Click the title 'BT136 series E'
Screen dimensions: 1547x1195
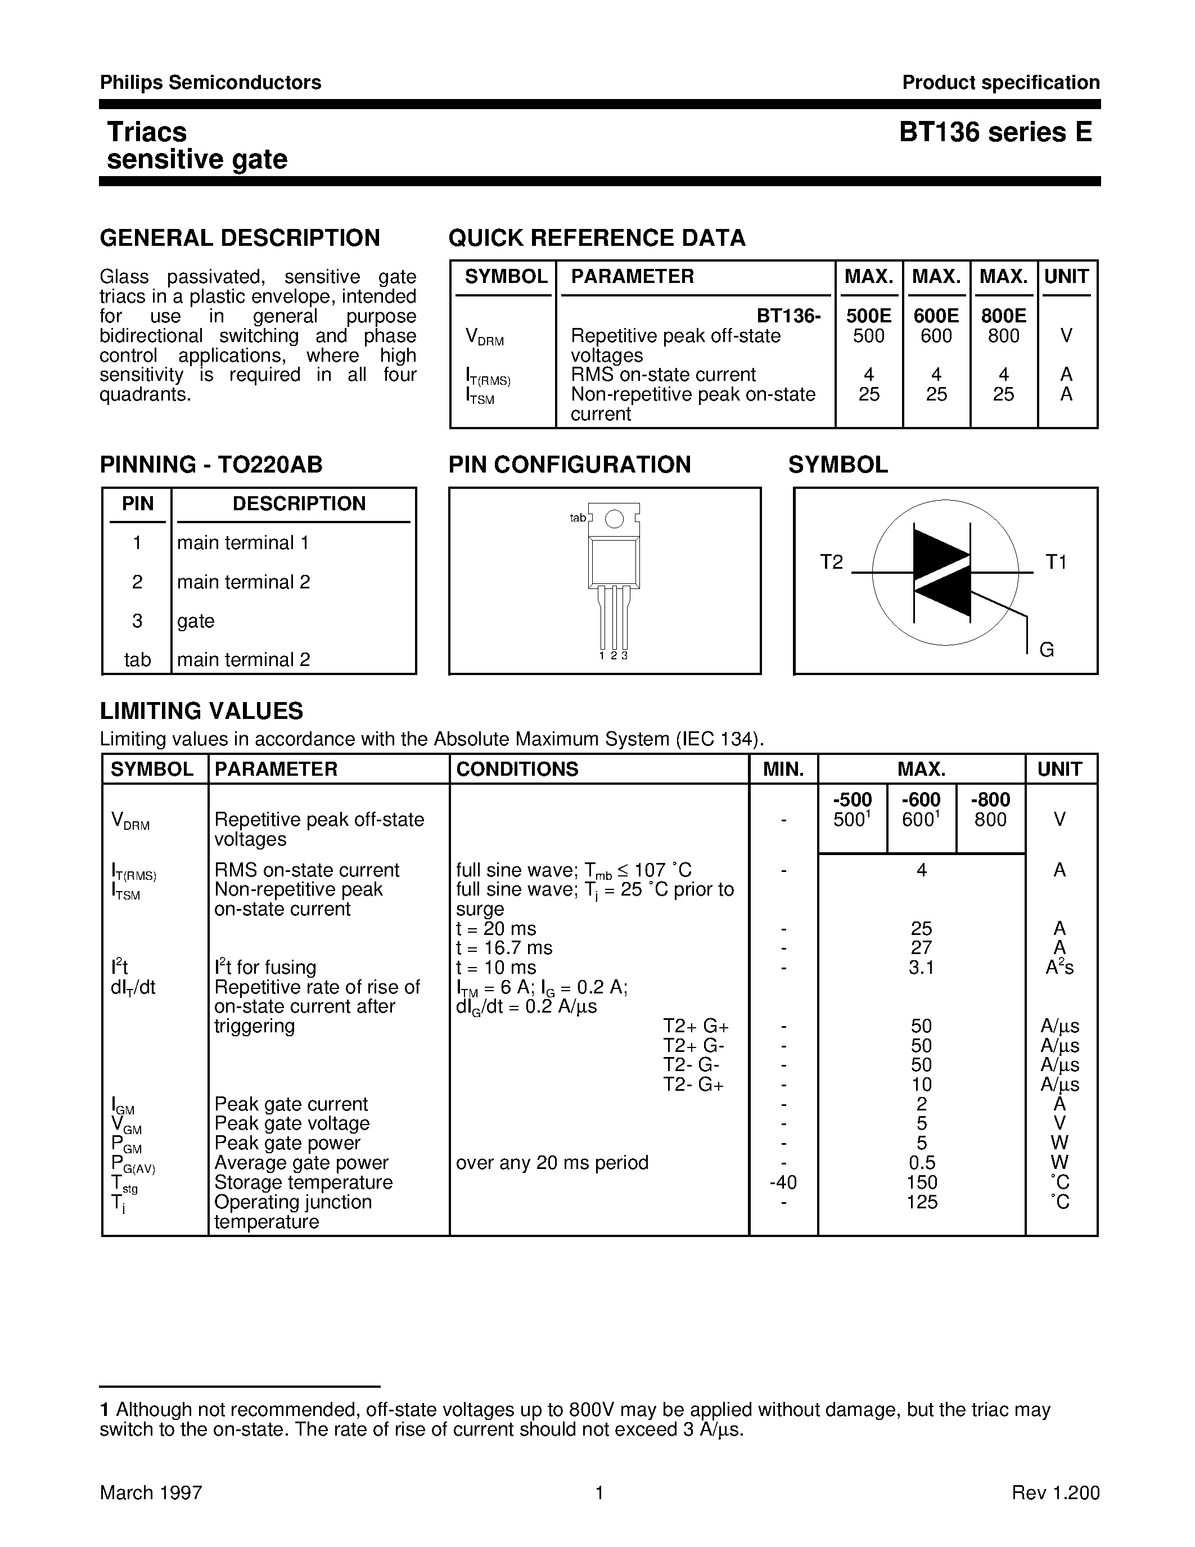click(995, 132)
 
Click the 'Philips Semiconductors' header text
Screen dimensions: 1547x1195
click(210, 83)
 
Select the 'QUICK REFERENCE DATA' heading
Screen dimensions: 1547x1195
click(597, 238)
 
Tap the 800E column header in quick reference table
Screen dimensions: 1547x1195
click(1003, 316)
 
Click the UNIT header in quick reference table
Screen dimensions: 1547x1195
click(1066, 276)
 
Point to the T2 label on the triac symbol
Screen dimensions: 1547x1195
click(831, 562)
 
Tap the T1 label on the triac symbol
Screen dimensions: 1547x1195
click(1056, 562)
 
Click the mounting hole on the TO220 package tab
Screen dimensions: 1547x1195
click(615, 519)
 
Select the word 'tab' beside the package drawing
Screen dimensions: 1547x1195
click(578, 518)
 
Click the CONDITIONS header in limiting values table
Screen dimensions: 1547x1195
click(517, 769)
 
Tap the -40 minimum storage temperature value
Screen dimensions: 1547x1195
click(784, 1182)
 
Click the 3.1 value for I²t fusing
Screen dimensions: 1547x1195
click(921, 968)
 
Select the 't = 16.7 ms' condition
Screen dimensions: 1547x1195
click(504, 948)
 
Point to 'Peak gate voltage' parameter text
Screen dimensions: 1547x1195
click(292, 1123)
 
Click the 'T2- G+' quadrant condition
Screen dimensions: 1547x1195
click(693, 1085)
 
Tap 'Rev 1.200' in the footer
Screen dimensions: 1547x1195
click(1055, 1492)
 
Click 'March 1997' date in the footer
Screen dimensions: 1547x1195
click(151, 1492)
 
